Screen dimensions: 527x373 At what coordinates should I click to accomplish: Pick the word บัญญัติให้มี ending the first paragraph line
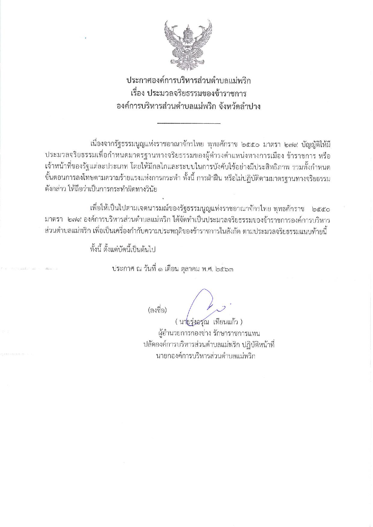[x=317, y=145]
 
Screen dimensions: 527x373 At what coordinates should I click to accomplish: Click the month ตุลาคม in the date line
[x=193, y=269]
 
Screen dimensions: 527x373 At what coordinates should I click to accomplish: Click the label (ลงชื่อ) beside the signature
[x=157, y=310]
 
